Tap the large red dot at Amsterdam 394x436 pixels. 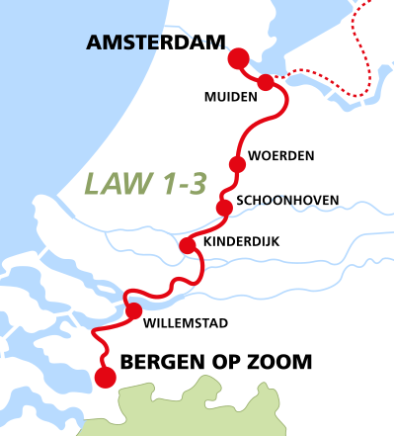point(238,59)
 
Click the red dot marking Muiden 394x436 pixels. point(266,81)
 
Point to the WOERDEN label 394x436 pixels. point(281,156)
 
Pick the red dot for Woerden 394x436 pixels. point(236,164)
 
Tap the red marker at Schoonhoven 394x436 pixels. point(224,207)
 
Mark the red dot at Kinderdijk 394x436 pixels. point(188,245)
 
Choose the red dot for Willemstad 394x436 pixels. point(133,311)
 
